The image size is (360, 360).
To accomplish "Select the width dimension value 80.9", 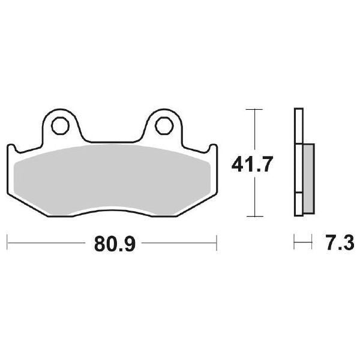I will coord(110,244).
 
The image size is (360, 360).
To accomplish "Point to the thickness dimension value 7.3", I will coord(337,244).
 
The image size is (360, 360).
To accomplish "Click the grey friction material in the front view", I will coord(111,177).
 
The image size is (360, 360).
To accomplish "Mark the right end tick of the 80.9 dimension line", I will coord(216,244).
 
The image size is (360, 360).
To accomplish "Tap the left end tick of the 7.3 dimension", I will coord(295,244).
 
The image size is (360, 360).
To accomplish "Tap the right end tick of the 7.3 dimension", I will coord(312,244).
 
